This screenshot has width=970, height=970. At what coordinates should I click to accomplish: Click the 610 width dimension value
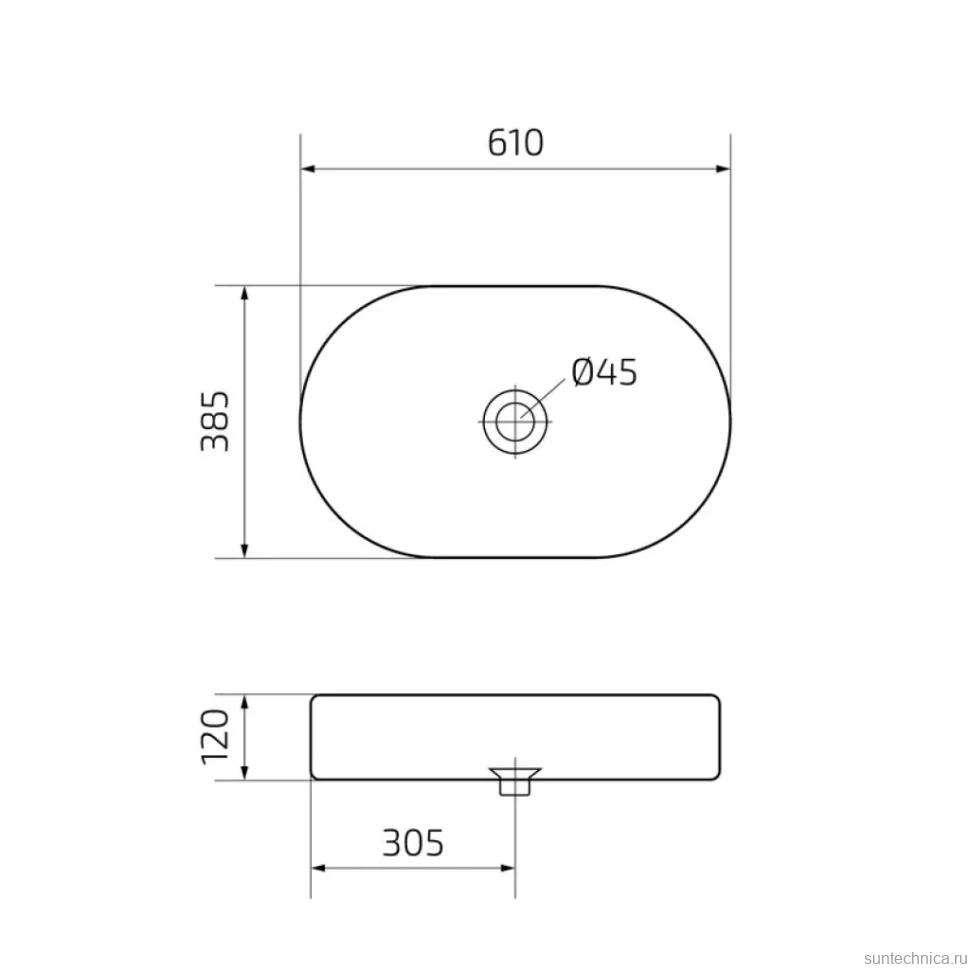[x=515, y=143]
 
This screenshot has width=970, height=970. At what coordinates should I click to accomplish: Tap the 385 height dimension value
[x=215, y=421]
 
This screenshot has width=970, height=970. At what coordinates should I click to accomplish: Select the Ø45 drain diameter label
[x=604, y=372]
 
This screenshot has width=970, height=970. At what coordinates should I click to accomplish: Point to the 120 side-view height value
[x=215, y=737]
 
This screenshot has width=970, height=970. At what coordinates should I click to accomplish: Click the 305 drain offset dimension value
[x=413, y=843]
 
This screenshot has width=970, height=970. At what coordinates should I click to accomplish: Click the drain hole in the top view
[x=515, y=422]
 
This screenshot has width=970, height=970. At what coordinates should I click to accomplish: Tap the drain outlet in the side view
[x=515, y=781]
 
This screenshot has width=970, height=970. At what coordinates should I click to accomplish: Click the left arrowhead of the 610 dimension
[x=308, y=169]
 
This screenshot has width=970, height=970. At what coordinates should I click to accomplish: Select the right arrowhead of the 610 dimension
[x=723, y=169]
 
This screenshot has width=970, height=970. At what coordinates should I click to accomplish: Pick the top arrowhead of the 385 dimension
[x=245, y=293]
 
